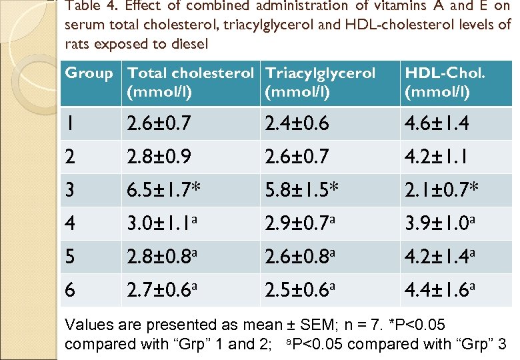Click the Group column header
[89, 73]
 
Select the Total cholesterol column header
[190, 82]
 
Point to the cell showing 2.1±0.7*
[441, 191]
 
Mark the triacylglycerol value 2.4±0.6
[297, 123]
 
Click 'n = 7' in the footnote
[366, 325]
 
